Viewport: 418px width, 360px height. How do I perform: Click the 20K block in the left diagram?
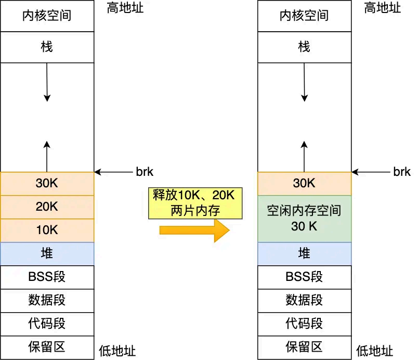47,207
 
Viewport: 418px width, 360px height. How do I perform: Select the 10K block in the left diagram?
47,230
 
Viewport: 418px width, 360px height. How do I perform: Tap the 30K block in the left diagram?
47,183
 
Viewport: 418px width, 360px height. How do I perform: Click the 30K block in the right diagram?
304,183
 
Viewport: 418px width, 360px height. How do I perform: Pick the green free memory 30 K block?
304,218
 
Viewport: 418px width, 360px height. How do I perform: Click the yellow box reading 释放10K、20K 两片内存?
195,202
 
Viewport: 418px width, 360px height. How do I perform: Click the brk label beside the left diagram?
144,172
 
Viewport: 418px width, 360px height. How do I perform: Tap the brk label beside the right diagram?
402,172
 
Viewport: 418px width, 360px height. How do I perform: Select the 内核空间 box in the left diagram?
47,16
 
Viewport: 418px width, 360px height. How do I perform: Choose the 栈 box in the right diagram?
304,47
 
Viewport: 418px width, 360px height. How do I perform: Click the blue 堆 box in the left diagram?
47,254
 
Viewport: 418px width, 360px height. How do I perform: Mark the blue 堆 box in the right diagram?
304,254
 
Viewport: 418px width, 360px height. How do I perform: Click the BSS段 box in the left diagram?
47,277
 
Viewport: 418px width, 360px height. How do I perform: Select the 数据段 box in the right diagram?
304,300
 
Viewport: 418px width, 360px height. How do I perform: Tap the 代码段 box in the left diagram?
47,324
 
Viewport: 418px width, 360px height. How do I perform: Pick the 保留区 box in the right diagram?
304,347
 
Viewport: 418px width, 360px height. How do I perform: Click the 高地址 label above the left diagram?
125,8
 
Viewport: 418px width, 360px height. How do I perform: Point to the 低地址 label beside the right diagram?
375,351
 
